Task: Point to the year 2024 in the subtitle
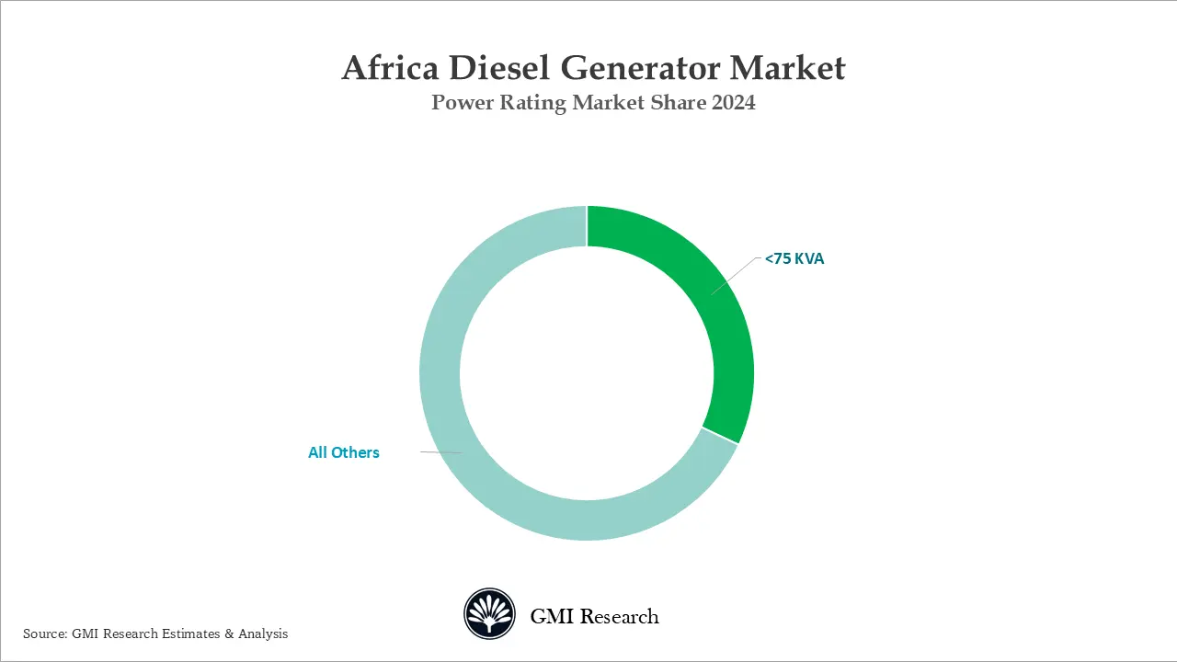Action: coord(733,103)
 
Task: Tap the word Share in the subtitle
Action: coord(678,103)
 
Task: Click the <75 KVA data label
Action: coord(794,259)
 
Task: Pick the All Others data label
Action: coord(344,452)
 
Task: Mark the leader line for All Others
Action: coord(441,452)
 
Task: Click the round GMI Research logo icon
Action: coord(489,614)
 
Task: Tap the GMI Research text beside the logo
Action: coord(594,616)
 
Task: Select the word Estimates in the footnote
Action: coord(190,633)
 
